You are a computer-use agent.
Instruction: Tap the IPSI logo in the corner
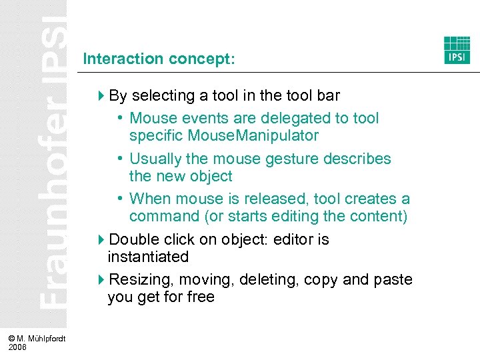457,50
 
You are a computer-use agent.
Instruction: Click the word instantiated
148,257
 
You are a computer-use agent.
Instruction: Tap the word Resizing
139,279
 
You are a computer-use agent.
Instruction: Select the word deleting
269,279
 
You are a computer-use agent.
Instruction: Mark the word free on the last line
200,297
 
